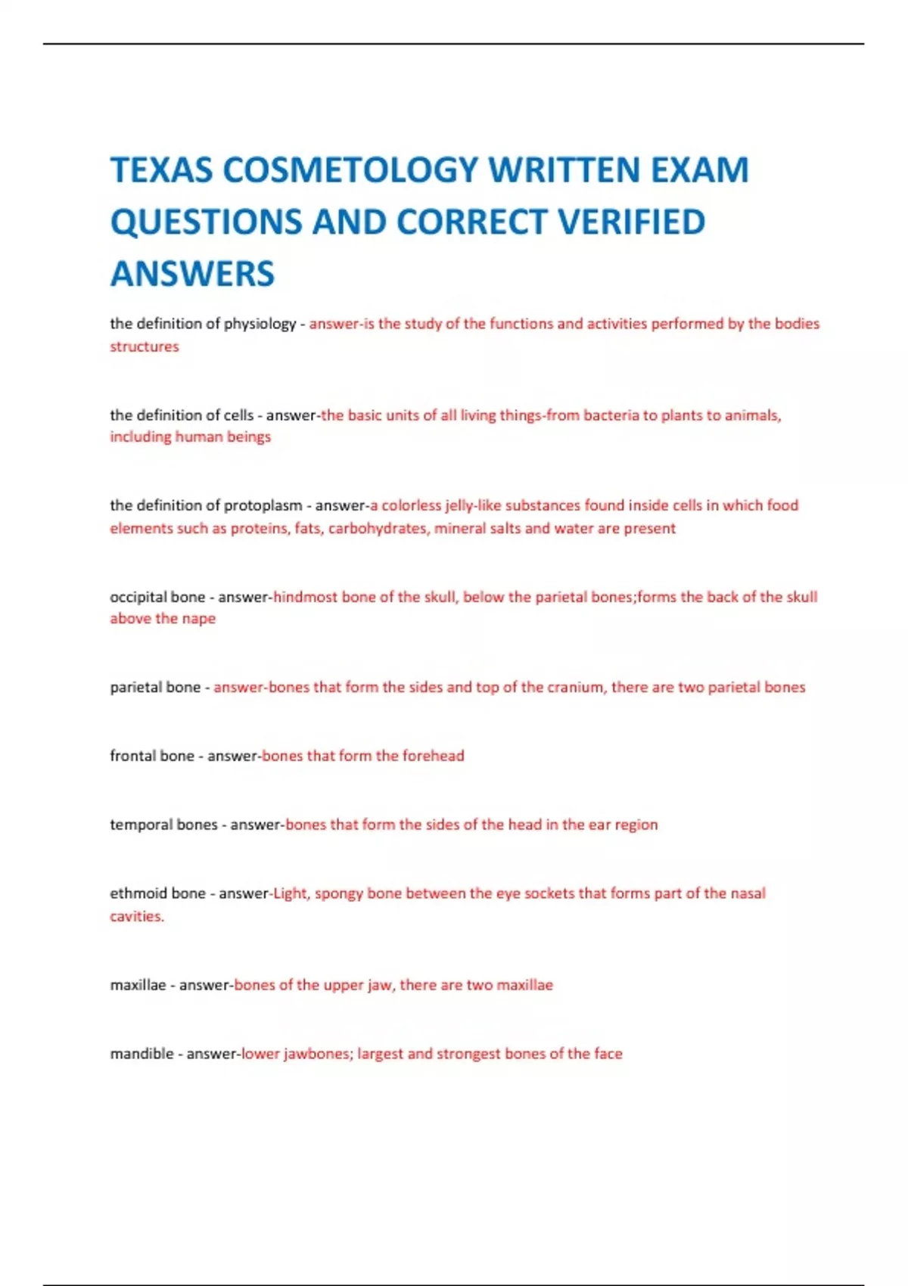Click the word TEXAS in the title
161,169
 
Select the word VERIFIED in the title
631,222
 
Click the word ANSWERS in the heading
192,273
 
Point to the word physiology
260,324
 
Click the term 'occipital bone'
157,597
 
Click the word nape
198,619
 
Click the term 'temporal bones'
163,825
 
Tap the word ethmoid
138,893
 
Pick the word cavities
136,916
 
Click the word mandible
141,1054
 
